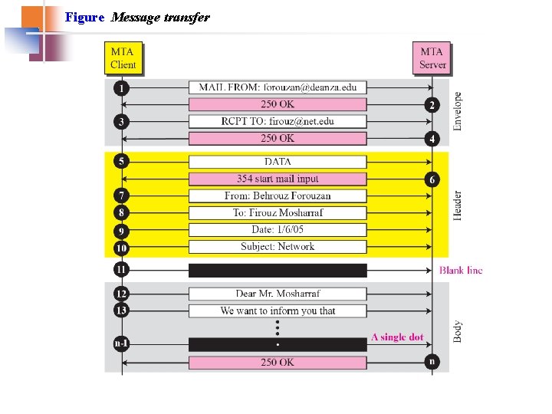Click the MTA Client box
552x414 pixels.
pos(123,58)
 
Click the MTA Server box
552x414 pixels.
pos(432,58)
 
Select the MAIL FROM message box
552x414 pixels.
pos(278,87)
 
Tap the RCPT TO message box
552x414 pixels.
pos(278,121)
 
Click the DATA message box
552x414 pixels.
pos(278,162)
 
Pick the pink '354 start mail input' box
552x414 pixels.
pos(278,179)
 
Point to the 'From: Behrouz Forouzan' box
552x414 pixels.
pos(278,195)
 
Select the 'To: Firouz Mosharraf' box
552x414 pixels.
pos(278,212)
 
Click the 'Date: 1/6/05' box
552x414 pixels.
pos(278,230)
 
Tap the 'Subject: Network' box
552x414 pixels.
pos(278,247)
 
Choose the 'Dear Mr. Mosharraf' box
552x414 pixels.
pos(278,294)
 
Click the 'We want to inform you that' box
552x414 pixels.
pos(278,310)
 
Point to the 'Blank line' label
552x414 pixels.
pos(461,270)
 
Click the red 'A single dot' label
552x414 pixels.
pos(397,337)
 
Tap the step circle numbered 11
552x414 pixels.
pos(121,270)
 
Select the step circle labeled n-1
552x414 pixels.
pos(121,343)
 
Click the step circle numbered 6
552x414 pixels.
pos(432,179)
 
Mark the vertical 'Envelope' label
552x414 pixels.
pos(458,111)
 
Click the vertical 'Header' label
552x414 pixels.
pos(458,205)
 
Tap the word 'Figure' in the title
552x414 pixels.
pos(84,17)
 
